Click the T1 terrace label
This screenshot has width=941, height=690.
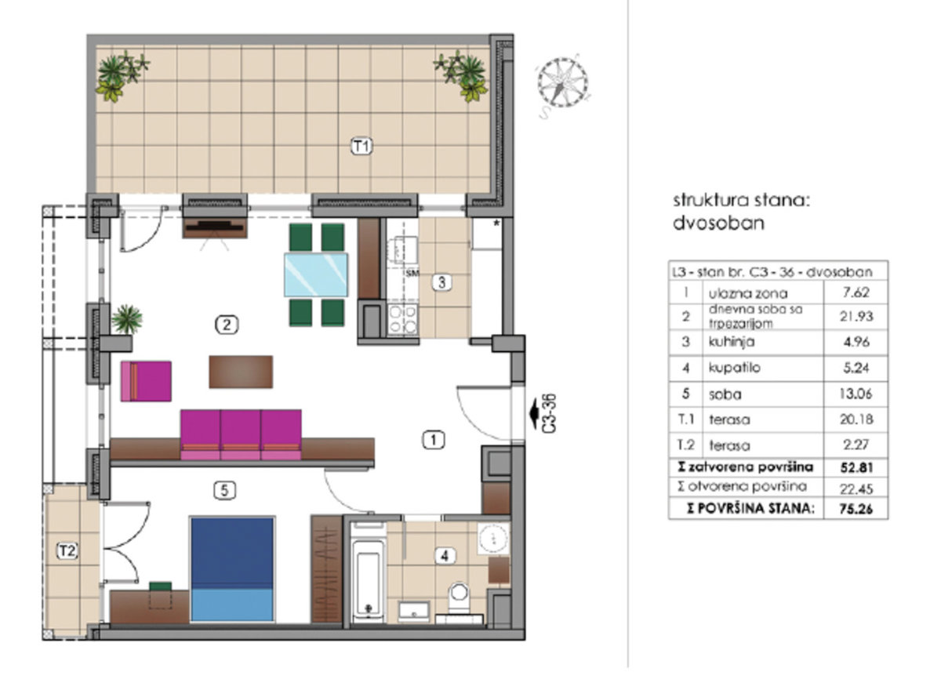[x=362, y=147]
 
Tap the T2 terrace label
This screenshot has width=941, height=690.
[x=67, y=550]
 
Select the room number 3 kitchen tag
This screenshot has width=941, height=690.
[x=442, y=282]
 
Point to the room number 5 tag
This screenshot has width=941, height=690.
[x=225, y=490]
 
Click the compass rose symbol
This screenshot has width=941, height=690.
[x=562, y=83]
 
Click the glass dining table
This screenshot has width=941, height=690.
[x=316, y=274]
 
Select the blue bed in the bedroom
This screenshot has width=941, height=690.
[x=232, y=569]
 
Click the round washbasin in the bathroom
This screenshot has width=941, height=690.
[x=493, y=538]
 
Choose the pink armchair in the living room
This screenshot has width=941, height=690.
[x=146, y=381]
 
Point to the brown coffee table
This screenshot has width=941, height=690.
[x=241, y=372]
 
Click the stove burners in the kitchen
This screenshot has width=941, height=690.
[x=402, y=319]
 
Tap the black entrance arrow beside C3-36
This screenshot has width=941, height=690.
[x=534, y=413]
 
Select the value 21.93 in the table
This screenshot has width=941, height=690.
[x=856, y=316]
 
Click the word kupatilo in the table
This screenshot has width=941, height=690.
[x=734, y=368]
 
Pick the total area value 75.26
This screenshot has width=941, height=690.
[x=856, y=510]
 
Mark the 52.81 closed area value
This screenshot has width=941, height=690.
[x=856, y=467]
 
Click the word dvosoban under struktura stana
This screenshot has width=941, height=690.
[x=718, y=223]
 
